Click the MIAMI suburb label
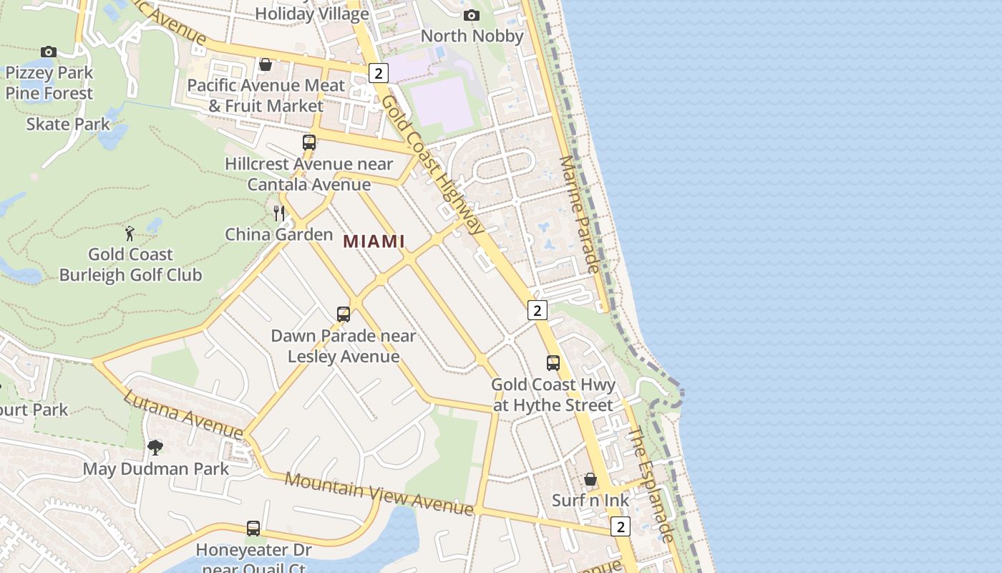click(x=374, y=241)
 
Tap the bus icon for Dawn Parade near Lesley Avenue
click(x=344, y=314)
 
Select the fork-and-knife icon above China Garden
click(x=279, y=213)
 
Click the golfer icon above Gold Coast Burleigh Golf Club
click(x=130, y=233)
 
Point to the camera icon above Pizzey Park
click(x=49, y=52)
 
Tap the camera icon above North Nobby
click(x=471, y=15)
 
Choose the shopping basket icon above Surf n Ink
click(x=590, y=479)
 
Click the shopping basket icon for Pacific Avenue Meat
click(x=266, y=64)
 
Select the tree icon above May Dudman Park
click(x=155, y=448)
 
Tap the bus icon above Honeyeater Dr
click(x=253, y=529)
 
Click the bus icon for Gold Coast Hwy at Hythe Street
click(x=553, y=363)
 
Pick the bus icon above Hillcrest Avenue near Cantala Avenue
click(x=309, y=143)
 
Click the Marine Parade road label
click(x=578, y=214)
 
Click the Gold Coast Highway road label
click(x=432, y=164)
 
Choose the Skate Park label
click(x=69, y=124)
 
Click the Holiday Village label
click(x=312, y=14)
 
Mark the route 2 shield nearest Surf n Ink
click(x=621, y=526)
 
